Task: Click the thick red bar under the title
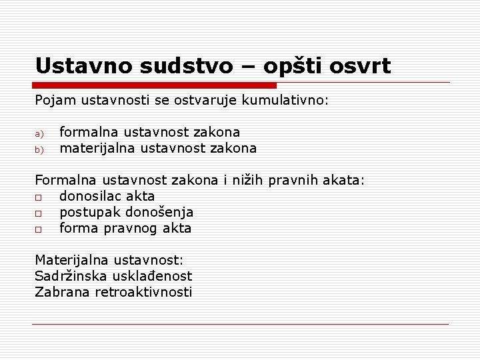[155, 85]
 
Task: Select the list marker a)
[39, 133]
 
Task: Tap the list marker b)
[39, 149]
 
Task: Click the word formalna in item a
[87, 133]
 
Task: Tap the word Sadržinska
[69, 275]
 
